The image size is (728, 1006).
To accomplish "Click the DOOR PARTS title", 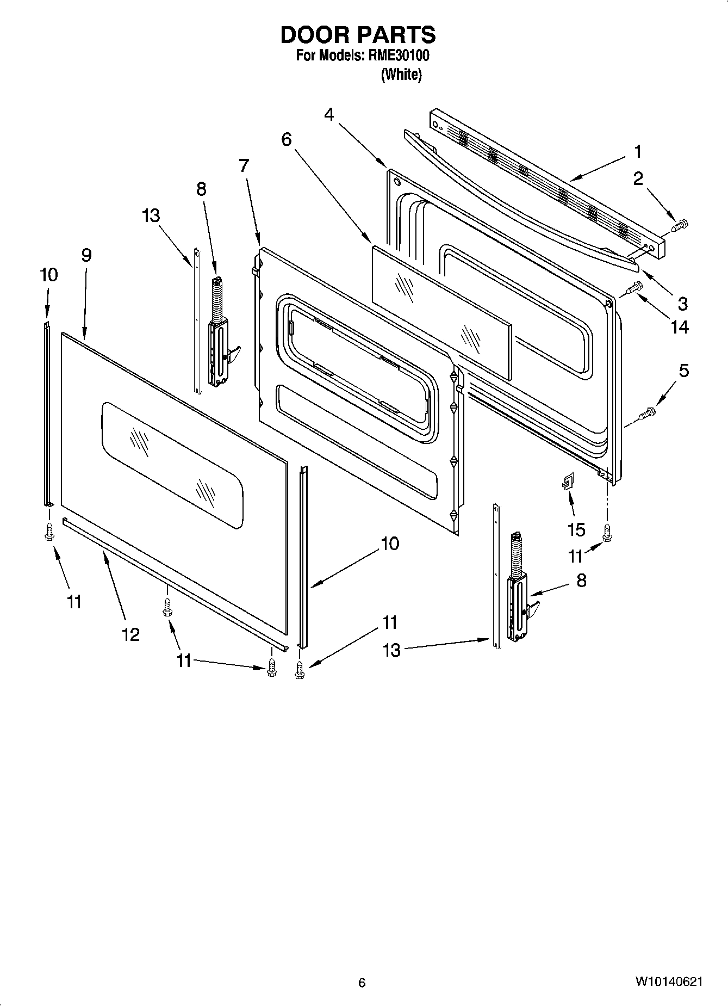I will tap(358, 35).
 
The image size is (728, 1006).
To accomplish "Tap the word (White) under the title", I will tap(401, 75).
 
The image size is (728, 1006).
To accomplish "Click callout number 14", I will tap(680, 327).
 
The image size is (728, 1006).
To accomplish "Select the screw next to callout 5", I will tap(647, 415).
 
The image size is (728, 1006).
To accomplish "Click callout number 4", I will tap(329, 115).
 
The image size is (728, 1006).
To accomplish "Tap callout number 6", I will tap(286, 140).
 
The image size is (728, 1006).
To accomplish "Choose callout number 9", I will tap(86, 255).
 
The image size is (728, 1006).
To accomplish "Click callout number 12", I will tap(130, 634).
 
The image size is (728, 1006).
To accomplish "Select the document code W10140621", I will tap(668, 982).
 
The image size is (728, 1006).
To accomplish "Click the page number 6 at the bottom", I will tap(362, 983).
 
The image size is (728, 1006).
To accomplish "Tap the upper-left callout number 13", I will tap(151, 215).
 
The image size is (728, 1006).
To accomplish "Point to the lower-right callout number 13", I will tap(391, 650).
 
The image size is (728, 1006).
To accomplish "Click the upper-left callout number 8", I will tap(201, 189).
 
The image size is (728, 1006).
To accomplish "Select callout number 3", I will tap(682, 303).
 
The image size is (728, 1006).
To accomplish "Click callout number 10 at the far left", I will tap(48, 275).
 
